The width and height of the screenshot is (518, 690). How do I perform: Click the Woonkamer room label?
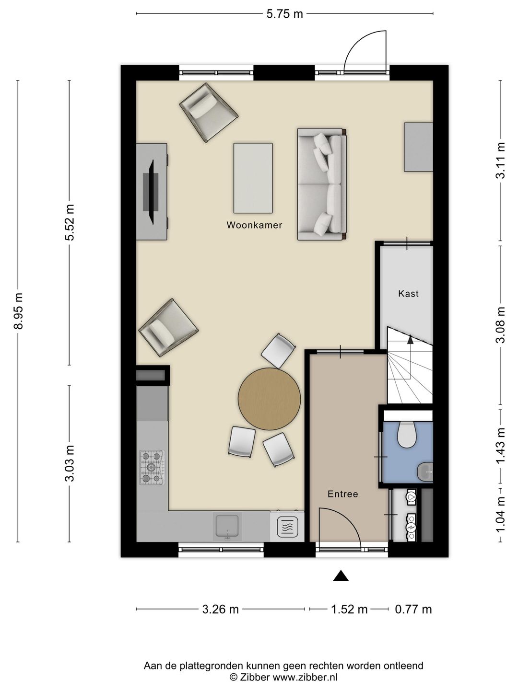pyautogui.click(x=254, y=225)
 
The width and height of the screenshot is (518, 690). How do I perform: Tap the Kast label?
pyautogui.click(x=408, y=293)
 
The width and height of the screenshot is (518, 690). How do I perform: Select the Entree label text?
pyautogui.click(x=342, y=494)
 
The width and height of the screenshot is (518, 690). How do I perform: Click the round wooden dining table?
pyautogui.click(x=269, y=399)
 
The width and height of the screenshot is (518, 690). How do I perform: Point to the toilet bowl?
pyautogui.click(x=407, y=435)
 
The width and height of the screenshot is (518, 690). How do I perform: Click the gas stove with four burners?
pyautogui.click(x=152, y=468)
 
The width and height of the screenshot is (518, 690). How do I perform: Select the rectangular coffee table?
pyautogui.click(x=253, y=178)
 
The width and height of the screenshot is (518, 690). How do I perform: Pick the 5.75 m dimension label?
pyautogui.click(x=284, y=14)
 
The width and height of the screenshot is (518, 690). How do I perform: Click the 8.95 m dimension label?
pyautogui.click(x=19, y=311)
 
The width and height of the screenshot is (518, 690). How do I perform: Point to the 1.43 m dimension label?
pyautogui.click(x=500, y=446)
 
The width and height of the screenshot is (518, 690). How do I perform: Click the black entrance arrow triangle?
pyautogui.click(x=341, y=575)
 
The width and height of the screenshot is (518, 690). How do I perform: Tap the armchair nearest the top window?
pyautogui.click(x=209, y=112)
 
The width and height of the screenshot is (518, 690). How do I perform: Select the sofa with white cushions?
pyautogui.click(x=321, y=184)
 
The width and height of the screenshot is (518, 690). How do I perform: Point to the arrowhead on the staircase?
pyautogui.click(x=410, y=339)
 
